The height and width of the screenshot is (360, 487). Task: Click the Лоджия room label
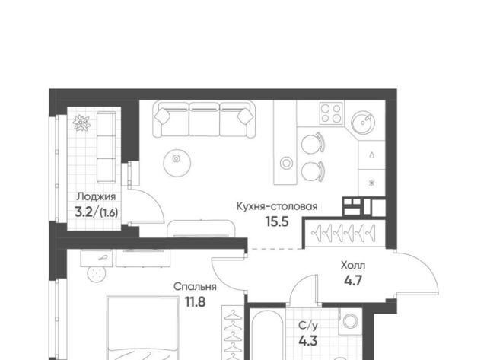click(97, 196)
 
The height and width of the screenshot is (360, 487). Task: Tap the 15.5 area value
click(277, 221)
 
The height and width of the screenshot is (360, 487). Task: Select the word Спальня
click(195, 286)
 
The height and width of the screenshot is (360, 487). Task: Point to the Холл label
click(353, 266)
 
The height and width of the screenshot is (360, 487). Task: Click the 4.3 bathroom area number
click(307, 341)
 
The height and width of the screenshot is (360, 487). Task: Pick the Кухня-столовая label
click(277, 206)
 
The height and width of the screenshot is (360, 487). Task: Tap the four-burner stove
click(332, 113)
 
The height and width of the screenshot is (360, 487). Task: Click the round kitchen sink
click(363, 123)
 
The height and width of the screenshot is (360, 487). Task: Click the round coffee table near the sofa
click(177, 162)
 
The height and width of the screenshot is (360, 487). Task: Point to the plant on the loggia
click(81, 123)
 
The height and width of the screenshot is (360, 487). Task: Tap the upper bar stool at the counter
click(313, 143)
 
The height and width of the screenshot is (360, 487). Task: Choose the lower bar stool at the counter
click(313, 171)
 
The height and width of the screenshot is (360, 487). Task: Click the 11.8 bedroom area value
click(195, 302)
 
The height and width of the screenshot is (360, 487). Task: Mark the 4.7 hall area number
click(353, 281)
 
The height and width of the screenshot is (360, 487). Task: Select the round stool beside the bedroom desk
click(97, 274)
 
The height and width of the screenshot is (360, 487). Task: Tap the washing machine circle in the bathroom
click(350, 321)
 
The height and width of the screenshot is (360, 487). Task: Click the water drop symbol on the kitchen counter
click(372, 155)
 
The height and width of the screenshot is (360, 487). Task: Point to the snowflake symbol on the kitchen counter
click(372, 183)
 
